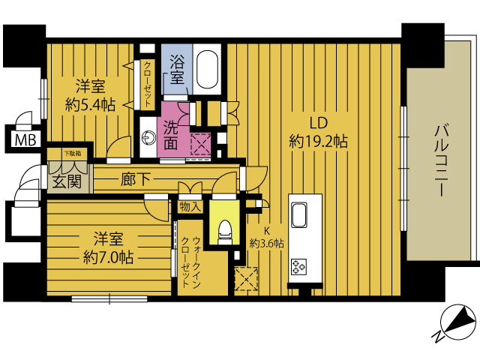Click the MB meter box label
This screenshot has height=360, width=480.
[25, 140]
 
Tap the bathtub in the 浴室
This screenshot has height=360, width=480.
[207, 68]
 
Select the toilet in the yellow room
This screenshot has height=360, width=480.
[224, 232]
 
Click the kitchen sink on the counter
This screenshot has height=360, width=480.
[299, 215]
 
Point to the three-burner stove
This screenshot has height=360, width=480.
[298, 266]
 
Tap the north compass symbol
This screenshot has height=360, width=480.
[457, 322]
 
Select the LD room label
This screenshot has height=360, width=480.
[318, 123]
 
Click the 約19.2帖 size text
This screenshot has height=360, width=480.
[318, 142]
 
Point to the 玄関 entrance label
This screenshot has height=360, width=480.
[67, 181]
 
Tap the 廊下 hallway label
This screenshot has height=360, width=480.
[135, 179]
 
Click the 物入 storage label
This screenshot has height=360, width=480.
[190, 207]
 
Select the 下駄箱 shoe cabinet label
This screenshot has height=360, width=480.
[73, 153]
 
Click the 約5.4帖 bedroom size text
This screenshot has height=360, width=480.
[90, 105]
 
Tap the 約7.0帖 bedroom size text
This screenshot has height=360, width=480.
[108, 258]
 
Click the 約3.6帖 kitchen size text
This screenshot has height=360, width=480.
[267, 244]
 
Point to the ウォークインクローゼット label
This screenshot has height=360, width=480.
[191, 262]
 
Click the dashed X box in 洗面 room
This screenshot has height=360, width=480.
[201, 144]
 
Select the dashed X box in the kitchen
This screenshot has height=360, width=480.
[246, 279]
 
